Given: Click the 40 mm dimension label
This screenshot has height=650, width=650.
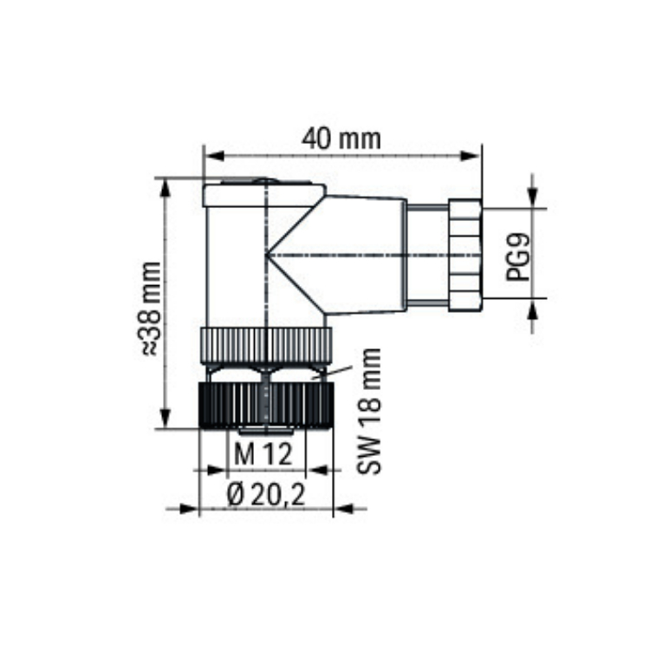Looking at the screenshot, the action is point(341,139).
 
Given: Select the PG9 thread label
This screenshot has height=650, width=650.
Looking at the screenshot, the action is point(518,257).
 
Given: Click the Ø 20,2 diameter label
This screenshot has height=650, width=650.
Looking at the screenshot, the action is point(266,495).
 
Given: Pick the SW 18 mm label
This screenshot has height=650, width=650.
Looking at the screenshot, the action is point(369,411).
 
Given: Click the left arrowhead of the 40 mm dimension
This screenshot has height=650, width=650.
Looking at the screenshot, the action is point(215,156).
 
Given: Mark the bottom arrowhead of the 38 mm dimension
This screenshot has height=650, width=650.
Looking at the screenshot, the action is point(166,418).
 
